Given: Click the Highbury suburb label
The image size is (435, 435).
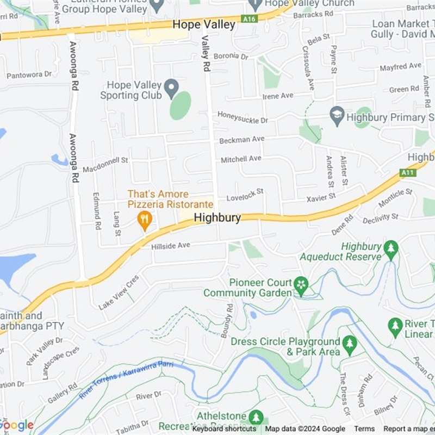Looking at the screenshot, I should [x=217, y=217].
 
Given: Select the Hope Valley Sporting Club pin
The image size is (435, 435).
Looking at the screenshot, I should [x=172, y=88].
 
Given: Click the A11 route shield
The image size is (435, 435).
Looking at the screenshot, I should [x=407, y=172].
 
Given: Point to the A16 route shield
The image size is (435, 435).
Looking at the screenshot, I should [x=250, y=19].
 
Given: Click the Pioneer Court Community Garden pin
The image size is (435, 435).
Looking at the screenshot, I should [x=301, y=285].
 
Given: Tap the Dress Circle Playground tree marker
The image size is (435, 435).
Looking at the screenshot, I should [x=350, y=344].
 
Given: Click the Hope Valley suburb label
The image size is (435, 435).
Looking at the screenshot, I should [x=204, y=25].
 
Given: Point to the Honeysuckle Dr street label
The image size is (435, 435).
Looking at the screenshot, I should [x=243, y=117].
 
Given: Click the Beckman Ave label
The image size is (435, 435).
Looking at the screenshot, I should [x=242, y=140].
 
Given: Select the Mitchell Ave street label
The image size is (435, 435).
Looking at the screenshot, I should [x=241, y=159].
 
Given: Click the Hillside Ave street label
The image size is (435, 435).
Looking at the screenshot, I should [x=171, y=246].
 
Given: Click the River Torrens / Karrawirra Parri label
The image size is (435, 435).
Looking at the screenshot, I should [x=126, y=379].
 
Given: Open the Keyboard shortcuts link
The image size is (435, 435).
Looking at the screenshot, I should [x=224, y=429].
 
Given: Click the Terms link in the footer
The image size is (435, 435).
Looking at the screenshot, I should [x=364, y=429].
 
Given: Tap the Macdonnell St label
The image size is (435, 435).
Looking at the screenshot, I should [x=105, y=164].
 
